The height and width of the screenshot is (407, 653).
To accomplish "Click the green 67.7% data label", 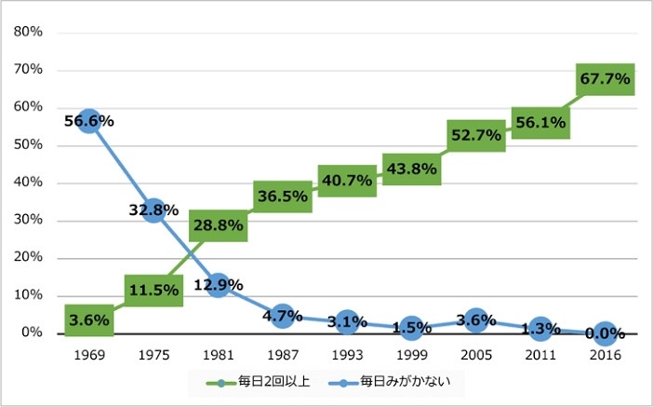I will coord(605,79).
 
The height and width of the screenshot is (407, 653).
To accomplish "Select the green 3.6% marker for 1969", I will coord(89,320).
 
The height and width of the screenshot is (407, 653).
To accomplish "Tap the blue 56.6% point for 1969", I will coord(89,121).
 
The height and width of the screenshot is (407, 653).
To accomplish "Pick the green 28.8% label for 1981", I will coord(218,224).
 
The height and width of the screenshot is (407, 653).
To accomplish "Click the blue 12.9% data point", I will coord(218,284).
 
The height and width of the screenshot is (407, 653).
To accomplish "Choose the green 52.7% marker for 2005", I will coord(475,135).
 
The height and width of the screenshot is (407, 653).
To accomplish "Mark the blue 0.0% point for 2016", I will coord(605,332).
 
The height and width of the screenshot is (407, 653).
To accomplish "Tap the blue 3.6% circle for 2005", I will coord(475,320).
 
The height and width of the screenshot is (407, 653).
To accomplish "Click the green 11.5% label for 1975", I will coord(153,290).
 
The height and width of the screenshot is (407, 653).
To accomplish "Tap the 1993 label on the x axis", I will coord(347,355).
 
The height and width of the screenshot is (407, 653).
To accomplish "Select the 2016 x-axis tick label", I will coord(605,355).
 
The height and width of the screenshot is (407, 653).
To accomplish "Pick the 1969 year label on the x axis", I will coord(89,355).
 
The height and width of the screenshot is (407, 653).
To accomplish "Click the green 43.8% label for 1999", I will coord(411,169).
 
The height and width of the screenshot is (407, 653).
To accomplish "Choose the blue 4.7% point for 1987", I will coord(283,316).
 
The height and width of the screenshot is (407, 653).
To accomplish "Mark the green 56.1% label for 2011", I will coord(540,122).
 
